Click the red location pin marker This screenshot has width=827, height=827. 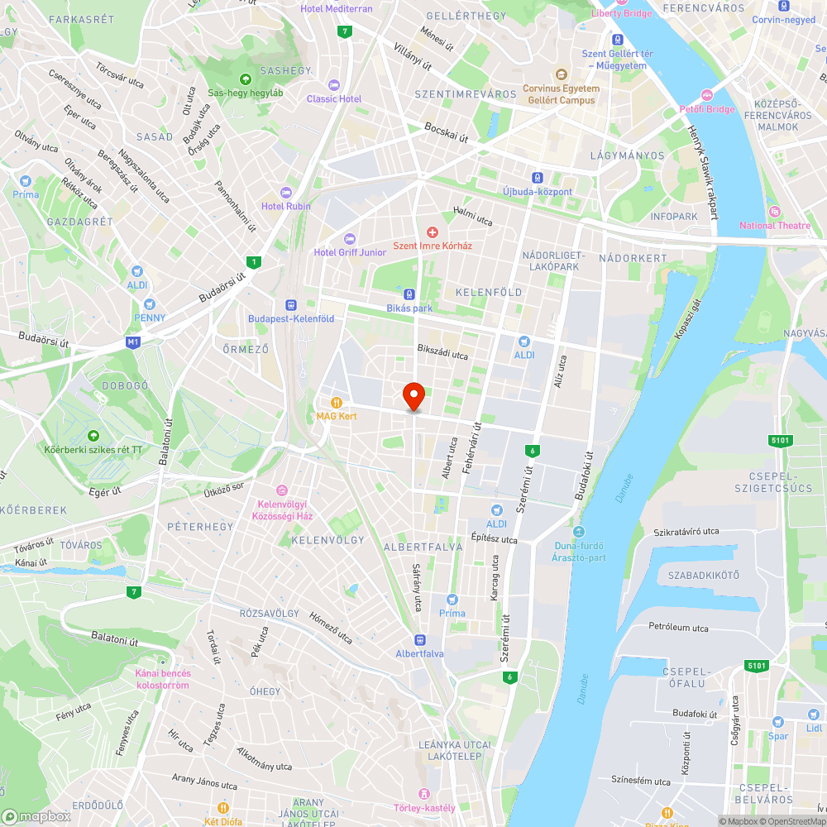[413, 397]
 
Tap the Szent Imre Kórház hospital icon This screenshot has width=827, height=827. [430, 233]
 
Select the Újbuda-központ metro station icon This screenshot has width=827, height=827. [538, 178]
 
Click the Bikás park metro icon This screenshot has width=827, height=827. [409, 294]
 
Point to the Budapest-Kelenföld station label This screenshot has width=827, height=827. [291, 318]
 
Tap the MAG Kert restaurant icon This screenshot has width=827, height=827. [336, 402]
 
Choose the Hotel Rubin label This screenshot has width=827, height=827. [286, 206]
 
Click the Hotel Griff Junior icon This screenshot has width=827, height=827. [348, 239]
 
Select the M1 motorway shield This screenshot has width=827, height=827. [133, 342]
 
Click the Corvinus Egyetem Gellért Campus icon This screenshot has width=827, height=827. [561, 74]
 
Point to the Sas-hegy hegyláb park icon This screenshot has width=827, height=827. [245, 79]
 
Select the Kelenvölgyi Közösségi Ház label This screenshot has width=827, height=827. [284, 510]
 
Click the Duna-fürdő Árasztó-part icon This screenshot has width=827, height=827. [578, 532]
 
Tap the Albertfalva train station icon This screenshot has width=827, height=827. [420, 639]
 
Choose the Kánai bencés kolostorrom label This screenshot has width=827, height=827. [162, 679]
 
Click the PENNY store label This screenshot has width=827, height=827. [150, 318]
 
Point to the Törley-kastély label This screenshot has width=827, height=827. [425, 808]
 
